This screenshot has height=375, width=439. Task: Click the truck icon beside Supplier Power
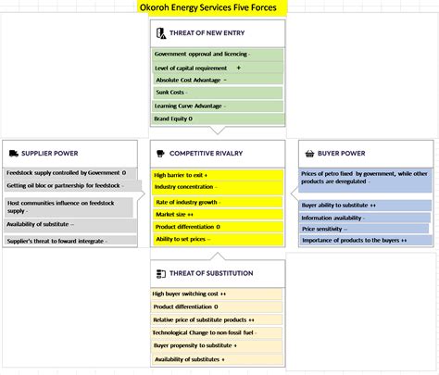tap(12, 153)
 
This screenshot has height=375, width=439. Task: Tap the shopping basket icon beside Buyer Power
tap(307, 153)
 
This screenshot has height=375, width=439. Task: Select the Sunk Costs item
tap(171, 93)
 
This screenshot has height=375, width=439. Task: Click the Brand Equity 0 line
tap(173, 119)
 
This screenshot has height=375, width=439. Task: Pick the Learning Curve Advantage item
tap(190, 106)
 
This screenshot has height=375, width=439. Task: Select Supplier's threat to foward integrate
tap(56, 241)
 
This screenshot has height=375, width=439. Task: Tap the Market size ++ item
tap(176, 214)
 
